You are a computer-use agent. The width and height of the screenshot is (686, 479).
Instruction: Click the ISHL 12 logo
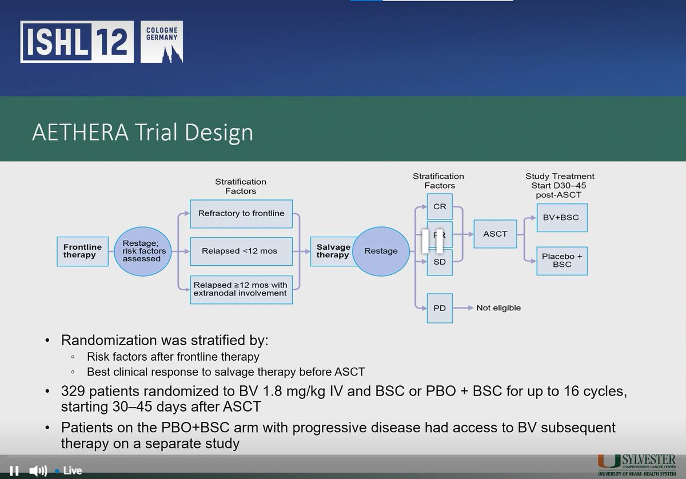[x=102, y=42]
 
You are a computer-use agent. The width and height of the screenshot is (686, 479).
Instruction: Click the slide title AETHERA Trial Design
[x=142, y=131]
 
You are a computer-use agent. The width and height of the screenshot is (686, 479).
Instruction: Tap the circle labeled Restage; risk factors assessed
[x=144, y=250]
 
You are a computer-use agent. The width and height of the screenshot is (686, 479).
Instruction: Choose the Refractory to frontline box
[x=241, y=214]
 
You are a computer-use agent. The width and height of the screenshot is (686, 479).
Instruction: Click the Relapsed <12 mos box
[x=241, y=250]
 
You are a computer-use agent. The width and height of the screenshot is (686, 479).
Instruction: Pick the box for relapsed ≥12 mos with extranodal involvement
[x=241, y=289]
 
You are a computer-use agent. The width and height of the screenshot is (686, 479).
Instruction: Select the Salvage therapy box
[x=333, y=250]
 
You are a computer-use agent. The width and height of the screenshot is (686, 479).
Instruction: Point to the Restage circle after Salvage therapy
[x=381, y=250]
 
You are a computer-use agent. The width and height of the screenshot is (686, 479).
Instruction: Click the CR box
[x=440, y=206]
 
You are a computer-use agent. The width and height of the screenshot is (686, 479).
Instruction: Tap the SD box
[x=440, y=262]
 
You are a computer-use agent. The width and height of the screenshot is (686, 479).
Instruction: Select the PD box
[x=440, y=308]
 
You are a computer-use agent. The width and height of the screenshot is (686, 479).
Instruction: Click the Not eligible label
[x=498, y=308]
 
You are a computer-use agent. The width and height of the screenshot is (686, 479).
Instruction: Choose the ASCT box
[x=495, y=234]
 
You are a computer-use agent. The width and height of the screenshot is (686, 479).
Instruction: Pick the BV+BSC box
[x=562, y=218]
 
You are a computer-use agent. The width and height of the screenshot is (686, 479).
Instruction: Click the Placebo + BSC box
[x=562, y=261]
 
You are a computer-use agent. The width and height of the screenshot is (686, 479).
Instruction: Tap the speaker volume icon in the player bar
[x=38, y=470]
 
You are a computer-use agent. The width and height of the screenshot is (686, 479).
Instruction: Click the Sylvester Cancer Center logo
[x=637, y=465]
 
